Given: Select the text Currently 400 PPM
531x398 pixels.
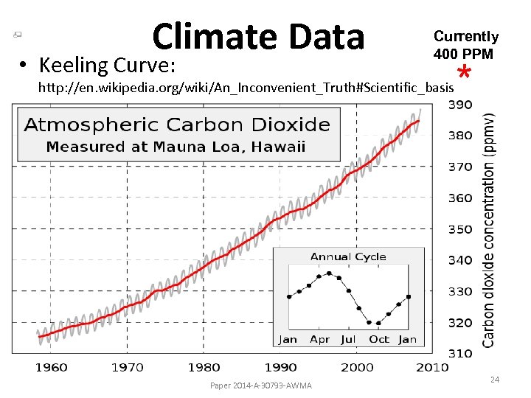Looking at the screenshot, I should click(x=465, y=45).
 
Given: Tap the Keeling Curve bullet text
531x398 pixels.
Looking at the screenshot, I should click(x=107, y=66).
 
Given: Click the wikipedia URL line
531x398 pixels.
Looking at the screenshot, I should click(x=246, y=88).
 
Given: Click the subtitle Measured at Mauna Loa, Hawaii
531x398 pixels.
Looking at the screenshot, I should click(x=176, y=147).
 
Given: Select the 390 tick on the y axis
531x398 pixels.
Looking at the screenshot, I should click(x=461, y=105).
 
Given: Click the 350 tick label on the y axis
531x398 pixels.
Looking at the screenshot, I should click(x=461, y=229).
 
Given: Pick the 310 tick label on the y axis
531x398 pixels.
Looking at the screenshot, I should click(x=461, y=353).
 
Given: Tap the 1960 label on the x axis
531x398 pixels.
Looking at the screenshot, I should click(x=51, y=367).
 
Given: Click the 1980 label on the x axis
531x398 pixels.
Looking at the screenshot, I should click(x=204, y=367).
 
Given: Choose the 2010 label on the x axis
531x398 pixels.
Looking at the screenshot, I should click(x=432, y=367).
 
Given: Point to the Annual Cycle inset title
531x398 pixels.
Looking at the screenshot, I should click(x=348, y=256).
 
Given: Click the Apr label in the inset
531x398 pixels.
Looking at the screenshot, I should click(x=319, y=340).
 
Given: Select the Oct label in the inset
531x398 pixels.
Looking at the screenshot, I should click(x=379, y=340).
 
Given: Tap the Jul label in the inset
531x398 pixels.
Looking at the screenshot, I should click(x=349, y=340).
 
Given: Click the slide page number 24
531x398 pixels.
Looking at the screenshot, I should click(x=495, y=380).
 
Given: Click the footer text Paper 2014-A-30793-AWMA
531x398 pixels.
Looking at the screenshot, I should click(x=260, y=385).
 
